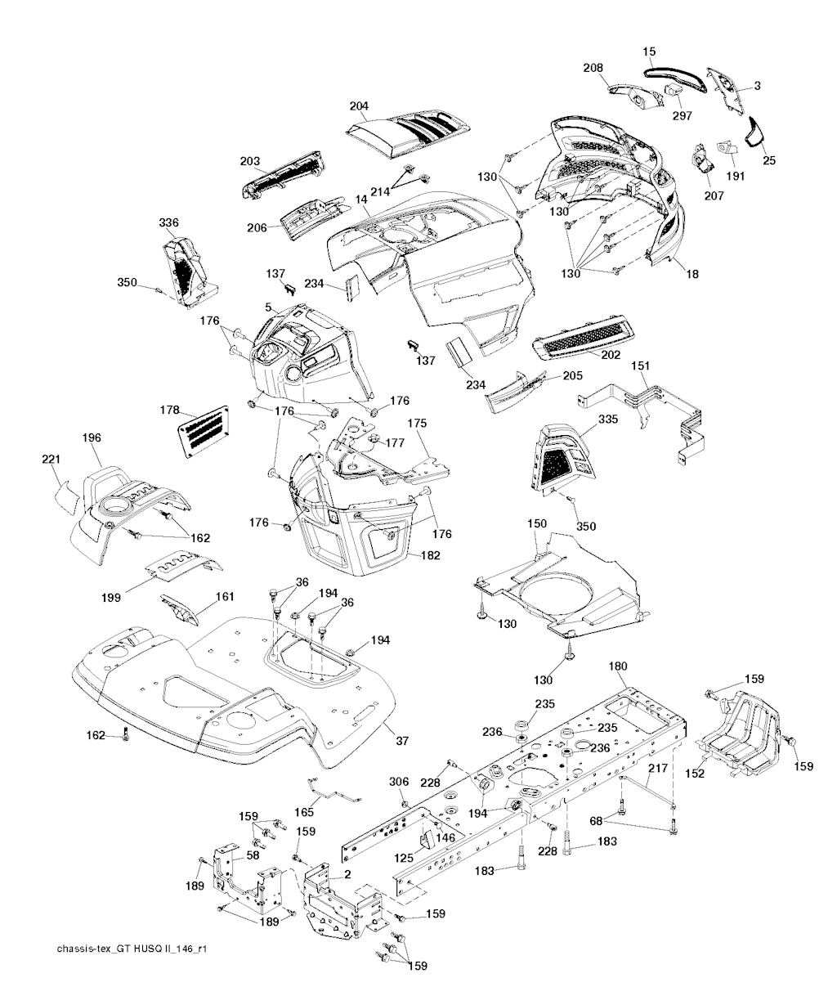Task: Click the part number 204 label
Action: click(x=359, y=106)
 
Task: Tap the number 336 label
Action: click(x=169, y=222)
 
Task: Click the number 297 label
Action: click(x=683, y=115)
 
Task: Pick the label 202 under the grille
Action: click(x=610, y=356)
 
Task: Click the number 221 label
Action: click(x=51, y=460)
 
